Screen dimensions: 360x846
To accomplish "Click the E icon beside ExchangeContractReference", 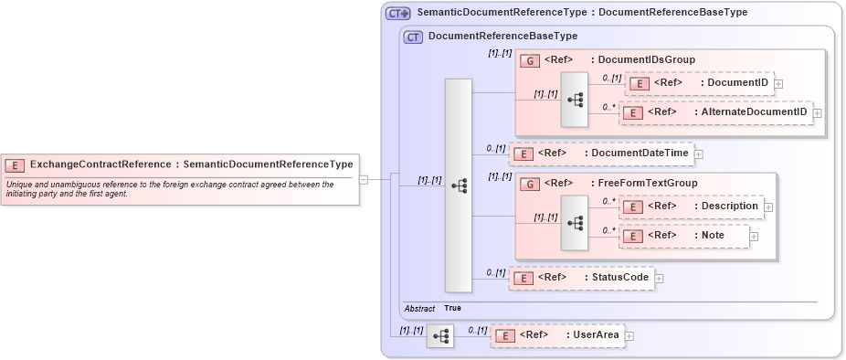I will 15,165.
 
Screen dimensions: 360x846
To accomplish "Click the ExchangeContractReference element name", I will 100,164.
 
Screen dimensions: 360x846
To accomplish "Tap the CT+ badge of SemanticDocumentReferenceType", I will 397,13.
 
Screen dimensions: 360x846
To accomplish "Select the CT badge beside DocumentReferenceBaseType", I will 413,37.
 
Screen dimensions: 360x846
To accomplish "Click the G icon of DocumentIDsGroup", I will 529,60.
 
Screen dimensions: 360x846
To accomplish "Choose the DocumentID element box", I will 699,83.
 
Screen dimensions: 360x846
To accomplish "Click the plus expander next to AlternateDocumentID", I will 818,112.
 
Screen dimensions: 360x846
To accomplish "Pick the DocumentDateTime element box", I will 601,154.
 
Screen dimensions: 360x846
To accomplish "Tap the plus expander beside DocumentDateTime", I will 699,154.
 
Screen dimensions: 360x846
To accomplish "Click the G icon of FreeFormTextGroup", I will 529,184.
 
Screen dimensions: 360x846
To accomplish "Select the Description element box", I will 692,206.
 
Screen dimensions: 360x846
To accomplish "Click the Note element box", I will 684,236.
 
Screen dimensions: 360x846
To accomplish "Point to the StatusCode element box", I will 581,278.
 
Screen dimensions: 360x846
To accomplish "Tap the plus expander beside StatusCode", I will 659,278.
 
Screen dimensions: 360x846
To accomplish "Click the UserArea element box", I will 556,335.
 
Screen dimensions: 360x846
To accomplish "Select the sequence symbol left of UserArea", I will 439,336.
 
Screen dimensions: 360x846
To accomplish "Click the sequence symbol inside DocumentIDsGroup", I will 575,99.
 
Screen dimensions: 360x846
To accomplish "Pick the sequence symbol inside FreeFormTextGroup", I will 575,221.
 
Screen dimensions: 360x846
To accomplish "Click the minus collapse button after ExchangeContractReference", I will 364,179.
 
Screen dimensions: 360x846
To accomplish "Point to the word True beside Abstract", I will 452,309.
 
